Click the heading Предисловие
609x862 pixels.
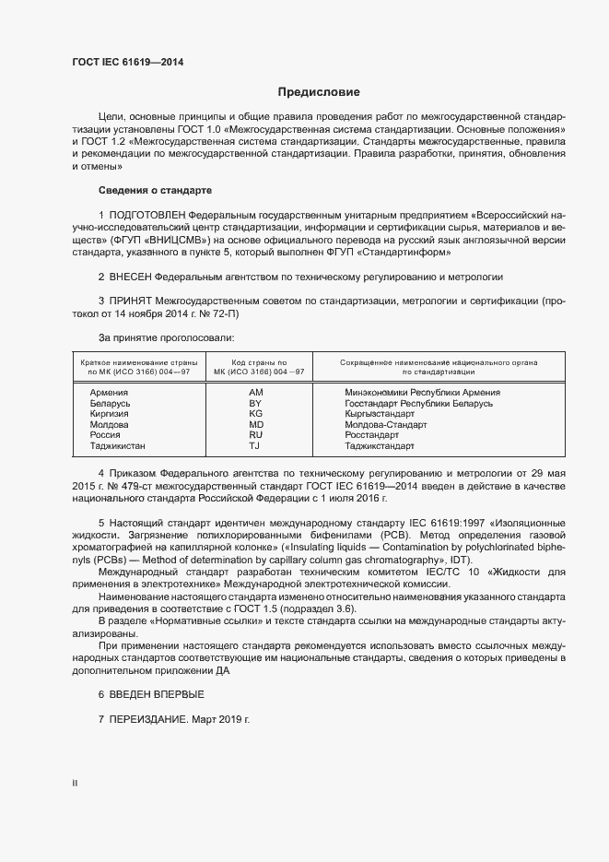coord(320,92)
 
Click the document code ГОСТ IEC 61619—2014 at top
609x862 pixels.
coord(134,63)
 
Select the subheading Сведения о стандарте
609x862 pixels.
coord(155,190)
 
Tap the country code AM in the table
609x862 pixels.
coord(256,392)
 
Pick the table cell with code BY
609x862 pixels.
coord(256,403)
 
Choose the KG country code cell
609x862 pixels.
coord(256,414)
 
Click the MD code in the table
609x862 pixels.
coord(256,425)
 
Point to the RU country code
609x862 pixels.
coord(256,435)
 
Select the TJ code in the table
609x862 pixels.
coord(256,446)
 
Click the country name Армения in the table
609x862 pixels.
coord(110,392)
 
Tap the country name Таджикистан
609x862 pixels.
coord(118,446)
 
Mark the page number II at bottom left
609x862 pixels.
coord(75,784)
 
